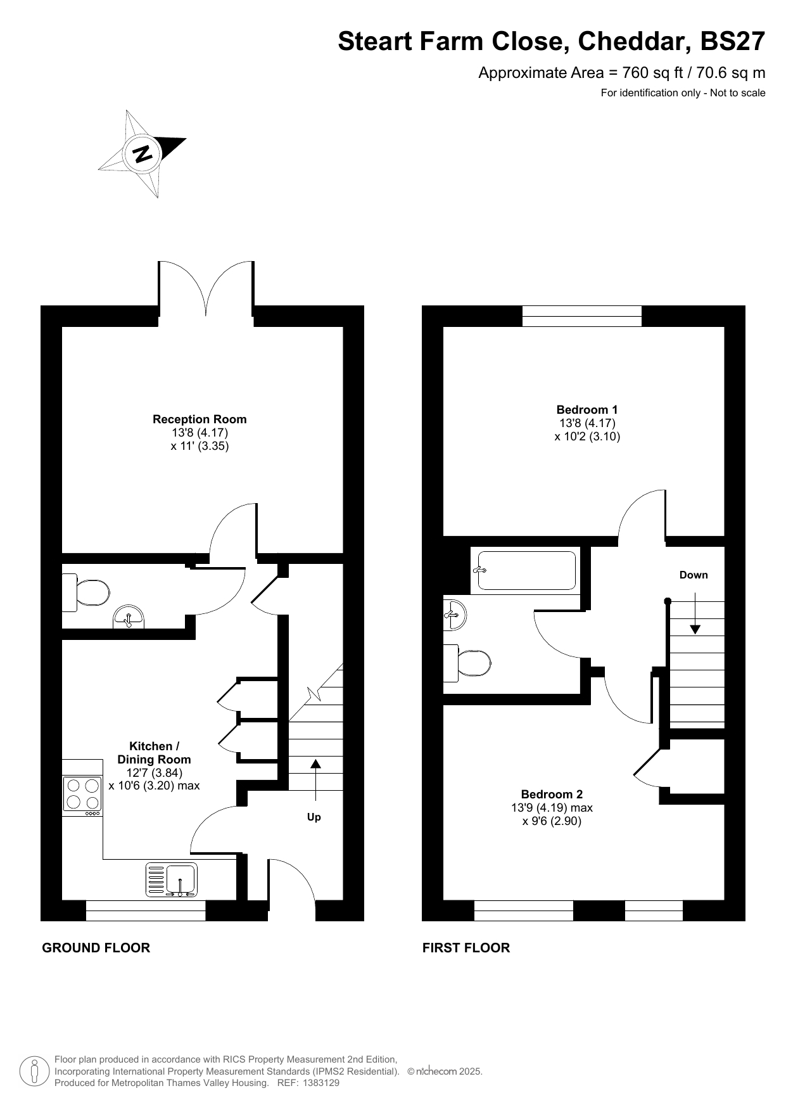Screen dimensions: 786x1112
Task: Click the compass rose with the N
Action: pos(143,153)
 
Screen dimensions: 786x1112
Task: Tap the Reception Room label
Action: pos(200,419)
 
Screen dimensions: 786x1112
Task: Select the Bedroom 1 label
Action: pos(587,410)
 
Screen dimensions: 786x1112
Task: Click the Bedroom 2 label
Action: pos(552,795)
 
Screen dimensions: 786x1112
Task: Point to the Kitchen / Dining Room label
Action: pos(154,753)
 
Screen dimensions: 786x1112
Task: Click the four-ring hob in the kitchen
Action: pos(82,795)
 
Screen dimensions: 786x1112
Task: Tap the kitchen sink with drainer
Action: pos(172,879)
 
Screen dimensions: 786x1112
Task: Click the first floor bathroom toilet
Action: pos(467,663)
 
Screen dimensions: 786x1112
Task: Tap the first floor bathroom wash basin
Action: pos(455,615)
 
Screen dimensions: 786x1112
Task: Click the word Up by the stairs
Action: pos(314,817)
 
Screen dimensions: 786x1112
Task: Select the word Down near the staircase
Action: pos(694,575)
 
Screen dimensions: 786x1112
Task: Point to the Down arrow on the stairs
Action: pos(695,613)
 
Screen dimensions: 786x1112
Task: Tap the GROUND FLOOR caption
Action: pos(96,948)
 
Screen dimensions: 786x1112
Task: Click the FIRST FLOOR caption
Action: pos(466,948)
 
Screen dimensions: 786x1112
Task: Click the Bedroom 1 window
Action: pos(582,316)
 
